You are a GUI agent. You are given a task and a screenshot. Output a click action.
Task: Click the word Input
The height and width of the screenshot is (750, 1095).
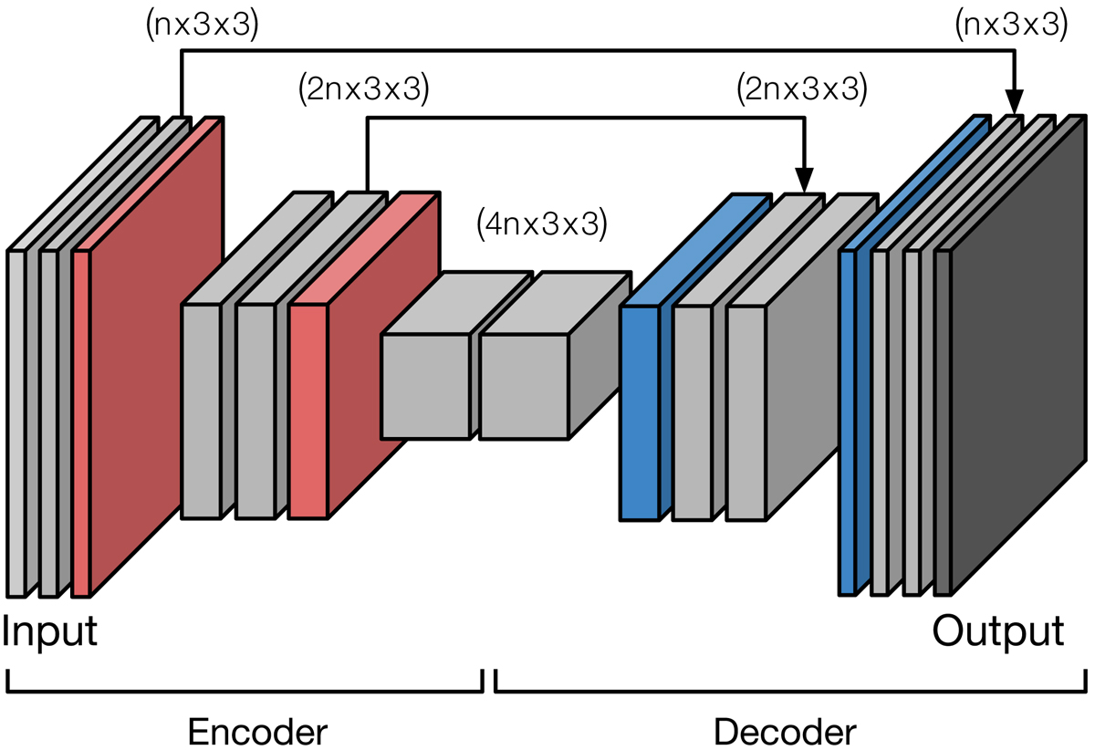tap(50, 631)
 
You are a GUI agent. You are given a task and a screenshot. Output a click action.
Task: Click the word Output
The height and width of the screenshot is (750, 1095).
tap(997, 631)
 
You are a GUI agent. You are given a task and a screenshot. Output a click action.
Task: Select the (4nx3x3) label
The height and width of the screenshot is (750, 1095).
tap(541, 224)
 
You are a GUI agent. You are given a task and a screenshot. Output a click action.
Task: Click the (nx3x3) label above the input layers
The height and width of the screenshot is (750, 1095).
tap(203, 25)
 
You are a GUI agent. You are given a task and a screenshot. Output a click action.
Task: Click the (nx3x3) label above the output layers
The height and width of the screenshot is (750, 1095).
tap(1010, 25)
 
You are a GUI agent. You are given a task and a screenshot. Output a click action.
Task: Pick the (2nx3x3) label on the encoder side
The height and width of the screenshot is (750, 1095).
tap(363, 89)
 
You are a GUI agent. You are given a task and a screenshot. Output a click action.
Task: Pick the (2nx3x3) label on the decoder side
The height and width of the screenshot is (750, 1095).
tap(799, 89)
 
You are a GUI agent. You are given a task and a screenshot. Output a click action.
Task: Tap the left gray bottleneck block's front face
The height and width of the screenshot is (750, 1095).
tap(425, 386)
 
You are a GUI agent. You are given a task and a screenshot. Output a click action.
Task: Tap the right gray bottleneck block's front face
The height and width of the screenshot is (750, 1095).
tap(525, 386)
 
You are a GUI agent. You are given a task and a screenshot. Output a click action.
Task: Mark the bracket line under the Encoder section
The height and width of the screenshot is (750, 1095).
tap(245, 691)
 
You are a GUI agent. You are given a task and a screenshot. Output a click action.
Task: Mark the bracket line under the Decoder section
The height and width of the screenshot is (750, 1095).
tap(790, 691)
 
